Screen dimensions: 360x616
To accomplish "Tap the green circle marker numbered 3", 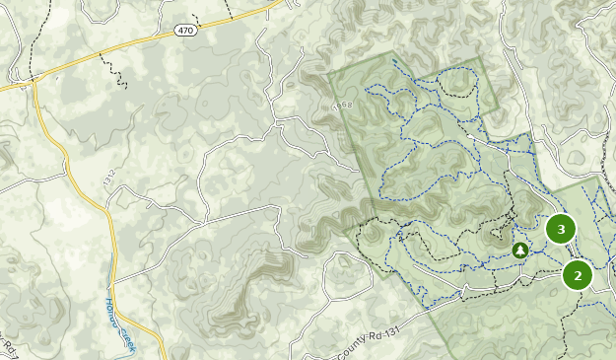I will pyautogui.click(x=561, y=229).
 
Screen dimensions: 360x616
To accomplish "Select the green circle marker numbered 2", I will pyautogui.click(x=578, y=275).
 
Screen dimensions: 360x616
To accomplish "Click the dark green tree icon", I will pyautogui.click(x=520, y=251).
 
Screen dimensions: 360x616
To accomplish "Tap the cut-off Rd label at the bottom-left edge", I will pyautogui.click(x=8, y=344).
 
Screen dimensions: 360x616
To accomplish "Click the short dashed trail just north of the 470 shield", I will pyautogui.click(x=193, y=15).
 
